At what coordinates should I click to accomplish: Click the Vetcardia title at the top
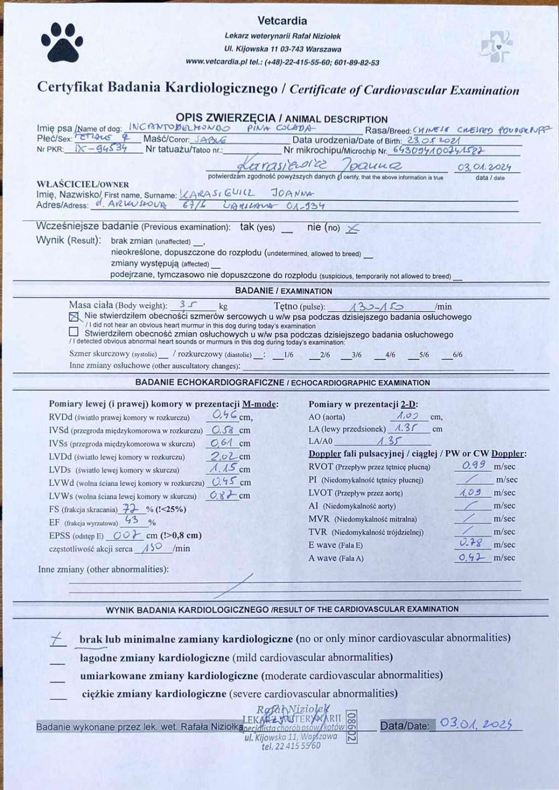click(x=282, y=21)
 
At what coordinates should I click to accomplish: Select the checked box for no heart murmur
click(x=74, y=316)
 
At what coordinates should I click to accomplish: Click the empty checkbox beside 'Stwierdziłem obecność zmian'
click(x=74, y=332)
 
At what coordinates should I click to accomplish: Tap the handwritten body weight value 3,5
click(x=188, y=305)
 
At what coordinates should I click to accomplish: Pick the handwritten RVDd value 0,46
click(x=224, y=415)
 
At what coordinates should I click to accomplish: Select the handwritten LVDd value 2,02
click(x=224, y=456)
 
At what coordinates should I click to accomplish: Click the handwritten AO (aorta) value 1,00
click(x=408, y=416)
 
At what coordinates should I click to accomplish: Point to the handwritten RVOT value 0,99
click(x=473, y=465)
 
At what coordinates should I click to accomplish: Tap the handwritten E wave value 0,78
click(x=471, y=543)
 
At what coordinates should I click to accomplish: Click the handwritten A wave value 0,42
click(x=471, y=557)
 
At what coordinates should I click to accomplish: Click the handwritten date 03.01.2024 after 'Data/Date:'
click(x=476, y=724)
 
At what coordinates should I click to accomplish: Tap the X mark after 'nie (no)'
click(x=352, y=228)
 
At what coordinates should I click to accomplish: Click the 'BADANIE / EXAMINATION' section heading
click(x=283, y=291)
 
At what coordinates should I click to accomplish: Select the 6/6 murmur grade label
click(x=457, y=355)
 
